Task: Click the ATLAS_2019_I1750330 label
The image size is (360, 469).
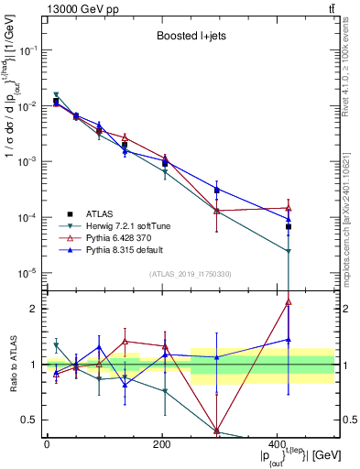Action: click(x=190, y=274)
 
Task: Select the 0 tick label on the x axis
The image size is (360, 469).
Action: click(x=46, y=444)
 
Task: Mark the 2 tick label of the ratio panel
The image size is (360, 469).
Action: click(x=33, y=309)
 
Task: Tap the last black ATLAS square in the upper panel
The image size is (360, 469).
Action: click(x=289, y=226)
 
